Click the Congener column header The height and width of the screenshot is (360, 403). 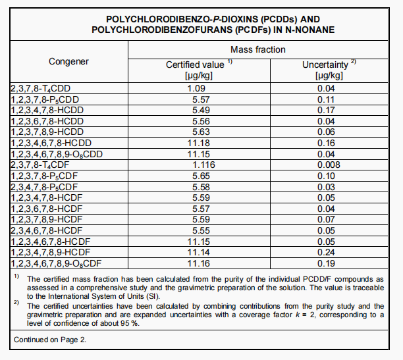pyautogui.click(x=68, y=61)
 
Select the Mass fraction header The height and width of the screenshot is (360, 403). pyautogui.click(x=258, y=49)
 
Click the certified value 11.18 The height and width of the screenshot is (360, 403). pyautogui.click(x=199, y=142)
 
